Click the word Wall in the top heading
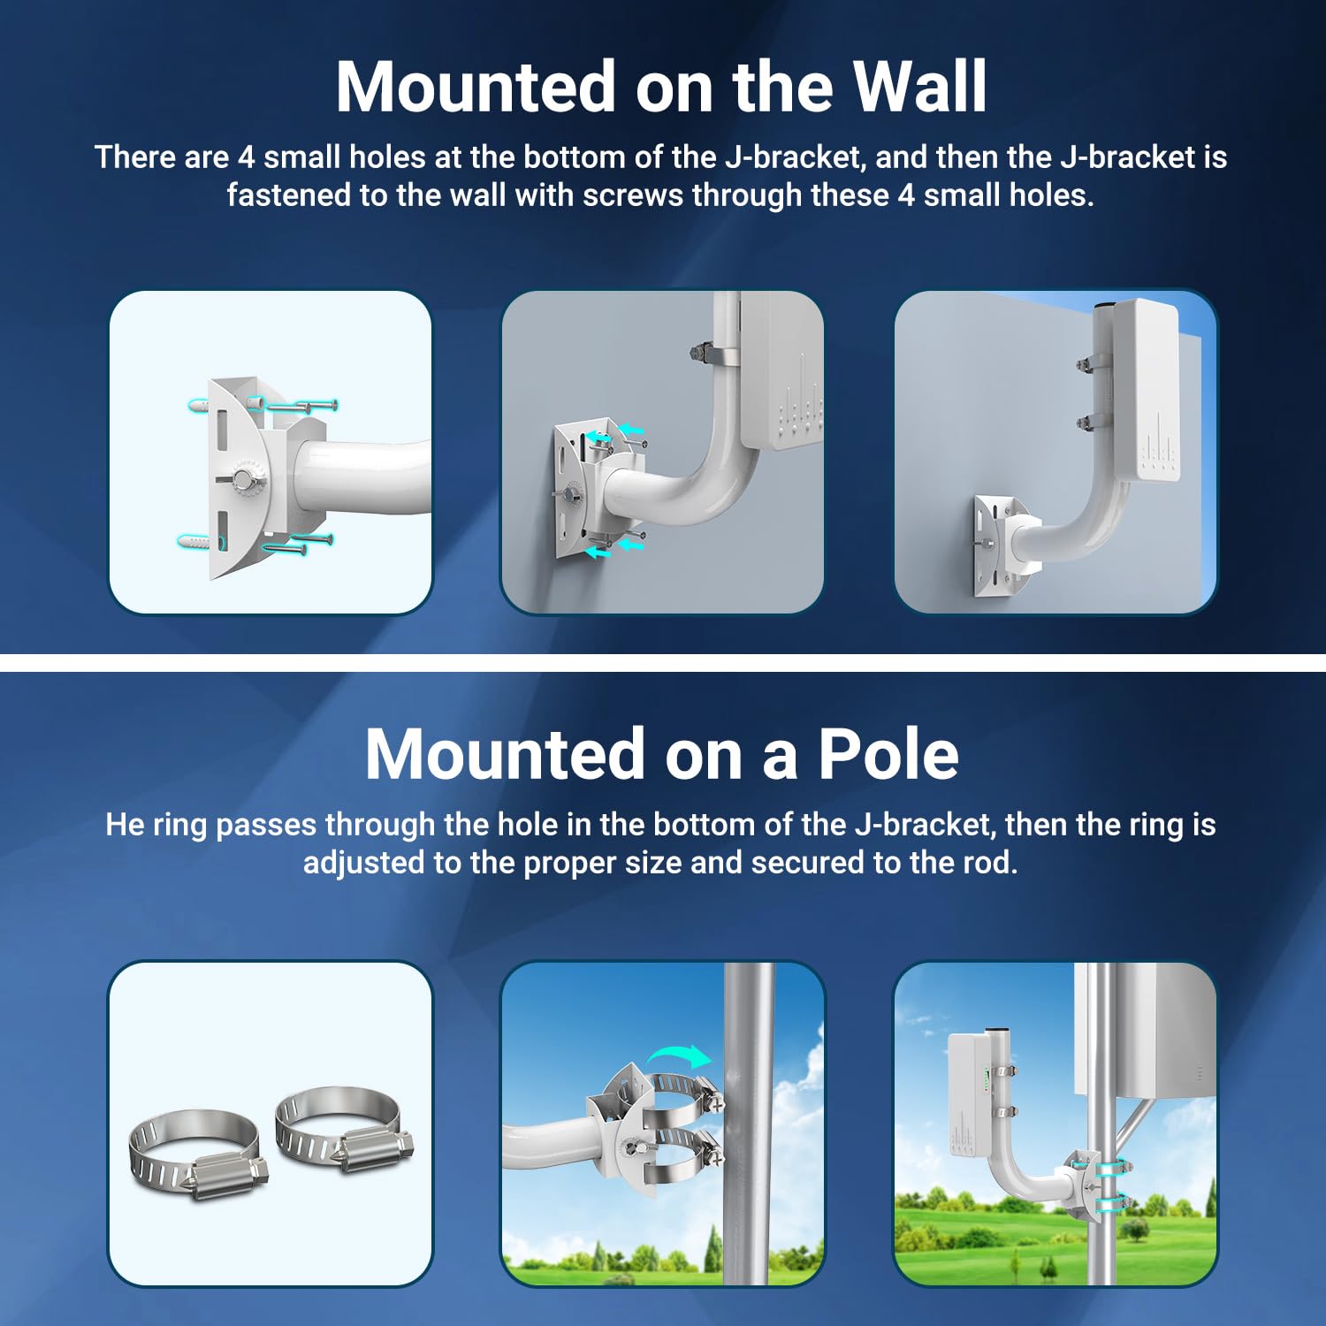919,87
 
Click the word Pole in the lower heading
888,754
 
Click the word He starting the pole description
125,825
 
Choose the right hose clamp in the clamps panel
345,1131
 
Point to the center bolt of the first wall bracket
240,478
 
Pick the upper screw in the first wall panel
301,407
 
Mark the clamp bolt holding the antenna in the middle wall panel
698,354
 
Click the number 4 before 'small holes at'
246,157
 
